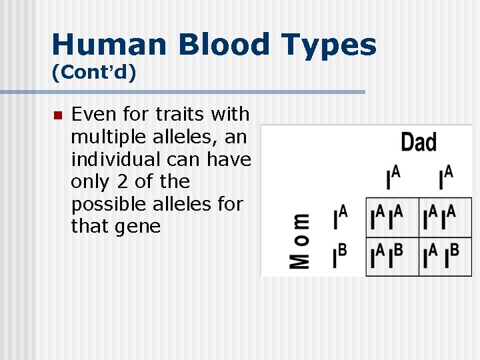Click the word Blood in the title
(x=213, y=45)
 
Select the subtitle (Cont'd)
(x=94, y=72)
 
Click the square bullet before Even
(x=57, y=115)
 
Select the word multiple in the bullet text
(x=103, y=137)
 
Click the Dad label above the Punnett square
(x=419, y=142)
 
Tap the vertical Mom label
(x=299, y=241)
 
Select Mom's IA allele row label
(x=340, y=217)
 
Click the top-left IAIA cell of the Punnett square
(x=392, y=217)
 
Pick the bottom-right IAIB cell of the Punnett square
(x=445, y=257)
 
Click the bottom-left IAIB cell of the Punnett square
(x=392, y=257)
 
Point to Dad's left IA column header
(x=393, y=178)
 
